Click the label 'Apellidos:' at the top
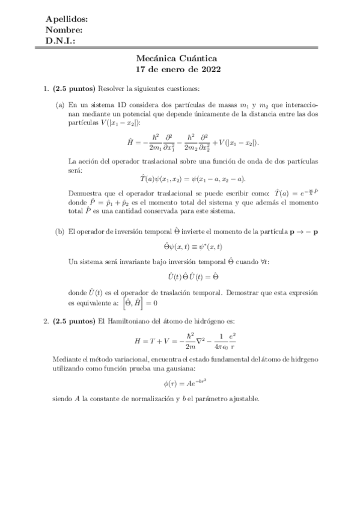pos(67,20)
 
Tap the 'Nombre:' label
pos(64,31)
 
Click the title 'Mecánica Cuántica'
pos(180,58)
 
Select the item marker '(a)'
pos(60,104)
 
